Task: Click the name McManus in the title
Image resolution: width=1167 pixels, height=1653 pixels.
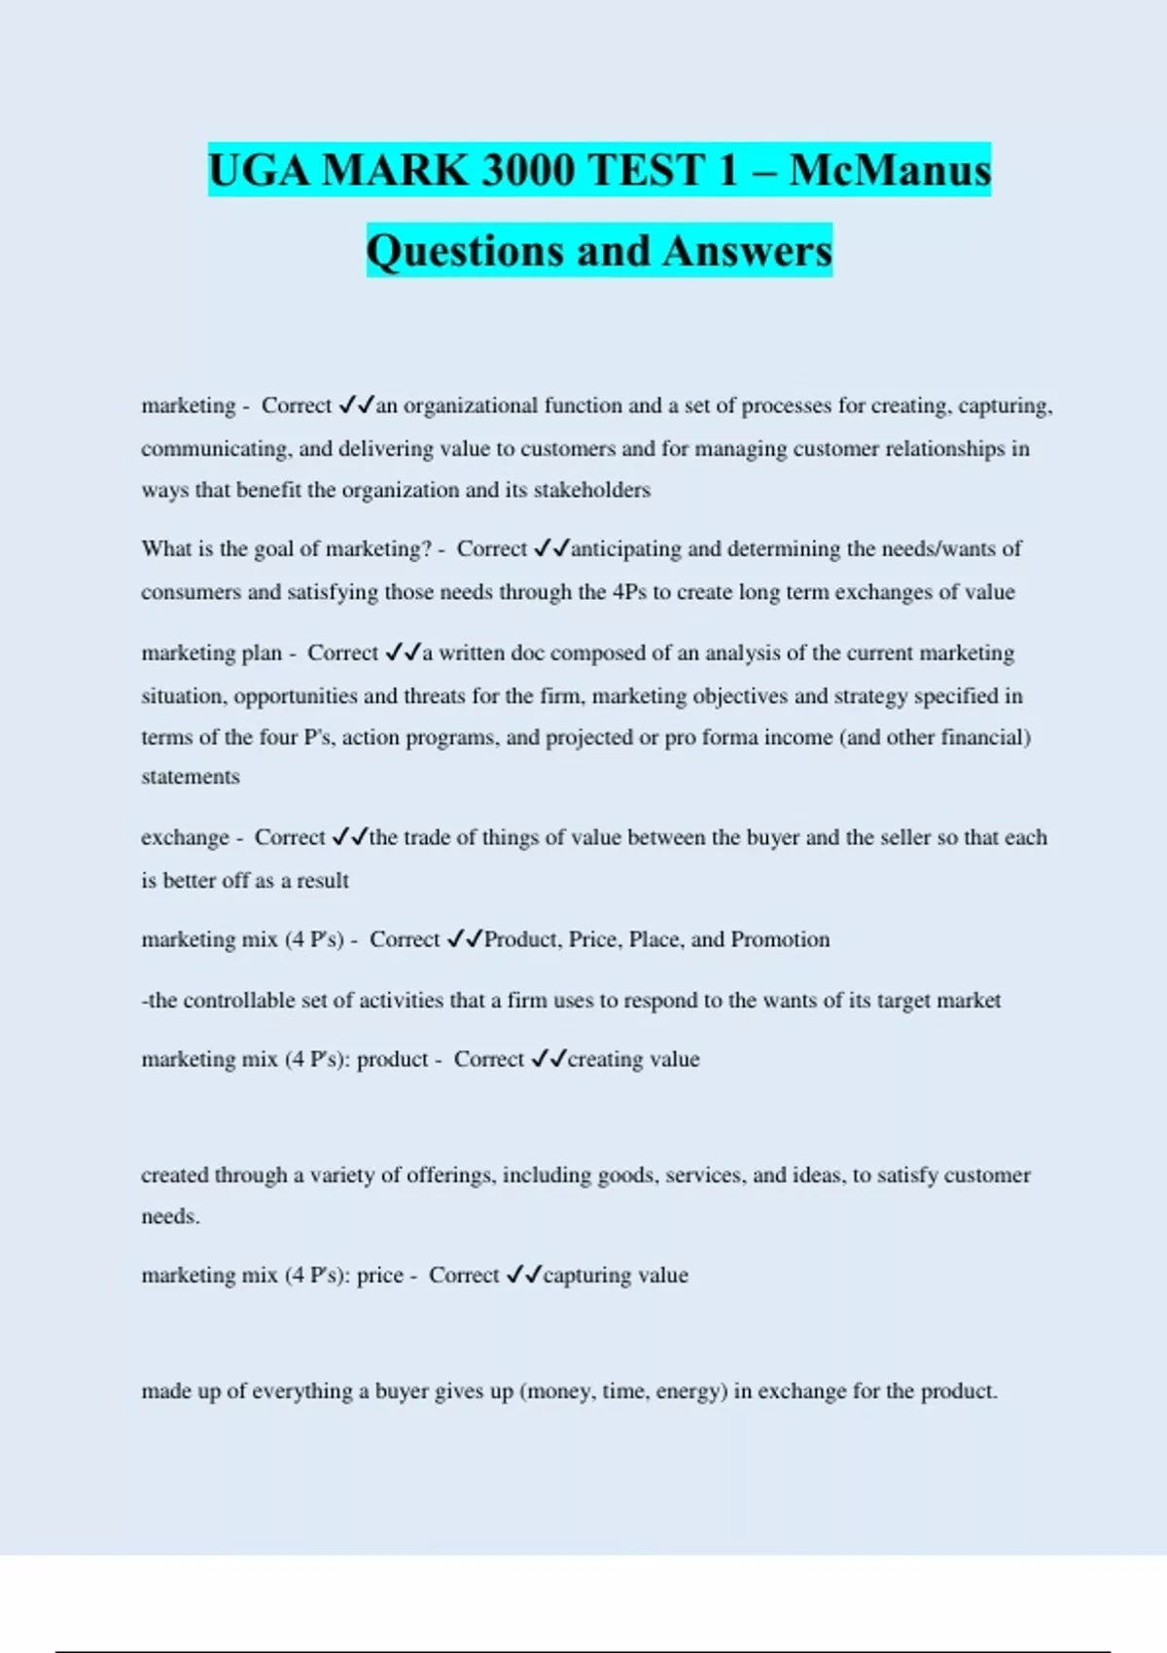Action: (x=890, y=170)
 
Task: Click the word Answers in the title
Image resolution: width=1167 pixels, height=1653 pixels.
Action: (x=748, y=251)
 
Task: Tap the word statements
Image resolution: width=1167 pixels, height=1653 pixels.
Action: (x=191, y=777)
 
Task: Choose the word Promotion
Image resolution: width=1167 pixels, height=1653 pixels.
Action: (x=780, y=939)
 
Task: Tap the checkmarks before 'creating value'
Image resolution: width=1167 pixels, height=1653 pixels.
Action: (x=548, y=1059)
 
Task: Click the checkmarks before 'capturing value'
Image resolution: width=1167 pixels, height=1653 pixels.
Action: (x=524, y=1275)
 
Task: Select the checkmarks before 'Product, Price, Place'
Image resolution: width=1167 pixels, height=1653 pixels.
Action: (x=465, y=939)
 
